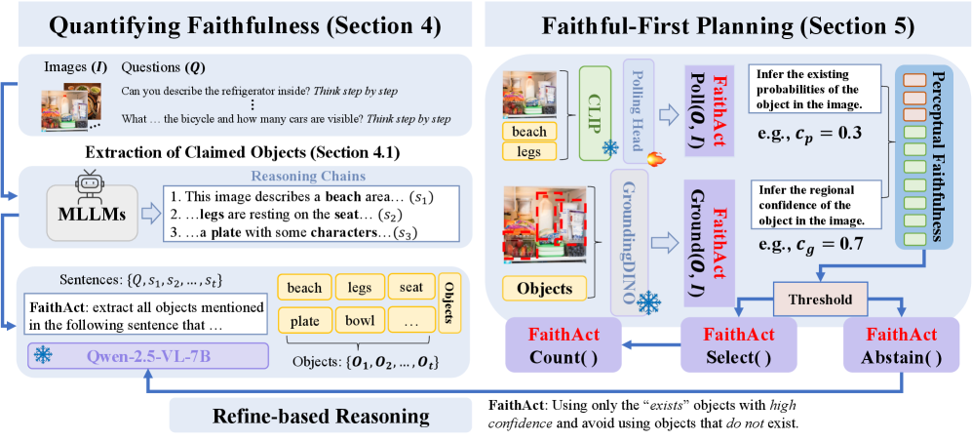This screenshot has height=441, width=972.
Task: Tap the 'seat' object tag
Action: [405, 288]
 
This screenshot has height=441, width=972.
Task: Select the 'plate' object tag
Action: [304, 321]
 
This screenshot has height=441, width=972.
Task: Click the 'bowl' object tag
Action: [354, 321]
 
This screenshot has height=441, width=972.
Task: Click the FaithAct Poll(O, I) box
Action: [716, 99]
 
